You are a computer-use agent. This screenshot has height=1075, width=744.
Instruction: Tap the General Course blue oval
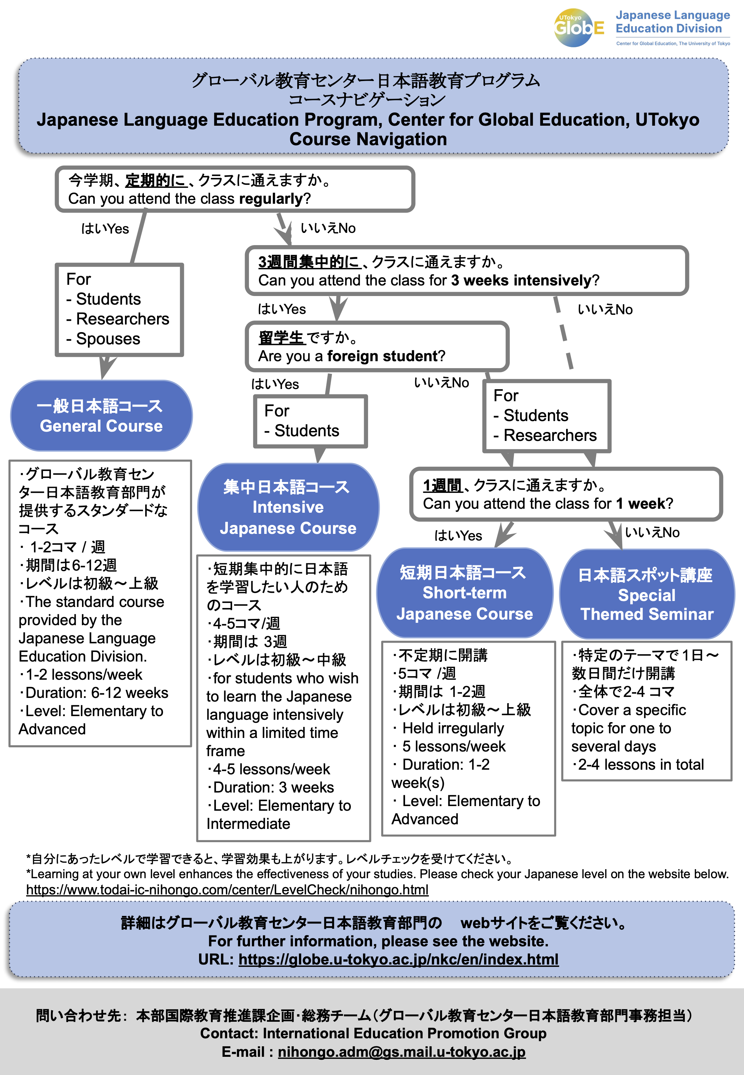coord(101,415)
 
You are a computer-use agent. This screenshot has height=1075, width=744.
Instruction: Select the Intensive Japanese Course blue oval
coord(288,507)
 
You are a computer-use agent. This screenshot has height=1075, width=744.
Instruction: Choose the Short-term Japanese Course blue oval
coord(464,593)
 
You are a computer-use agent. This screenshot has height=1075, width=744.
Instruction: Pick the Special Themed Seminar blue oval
coord(646,594)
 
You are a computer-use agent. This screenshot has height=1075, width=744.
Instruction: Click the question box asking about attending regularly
coord(235,189)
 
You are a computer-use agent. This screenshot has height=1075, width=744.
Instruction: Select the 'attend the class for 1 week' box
coord(566,494)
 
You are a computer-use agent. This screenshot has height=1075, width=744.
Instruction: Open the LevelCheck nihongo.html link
coord(227,890)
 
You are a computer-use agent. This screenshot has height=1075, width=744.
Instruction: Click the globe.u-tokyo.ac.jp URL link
coord(398,959)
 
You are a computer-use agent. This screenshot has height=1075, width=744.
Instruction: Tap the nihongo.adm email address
coord(402,1052)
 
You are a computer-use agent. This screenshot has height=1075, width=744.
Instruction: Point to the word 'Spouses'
coord(108,339)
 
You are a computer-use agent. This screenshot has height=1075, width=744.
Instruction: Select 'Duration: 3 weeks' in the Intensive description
coord(270,787)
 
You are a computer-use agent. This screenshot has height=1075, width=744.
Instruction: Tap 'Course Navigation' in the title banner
coord(368,139)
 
